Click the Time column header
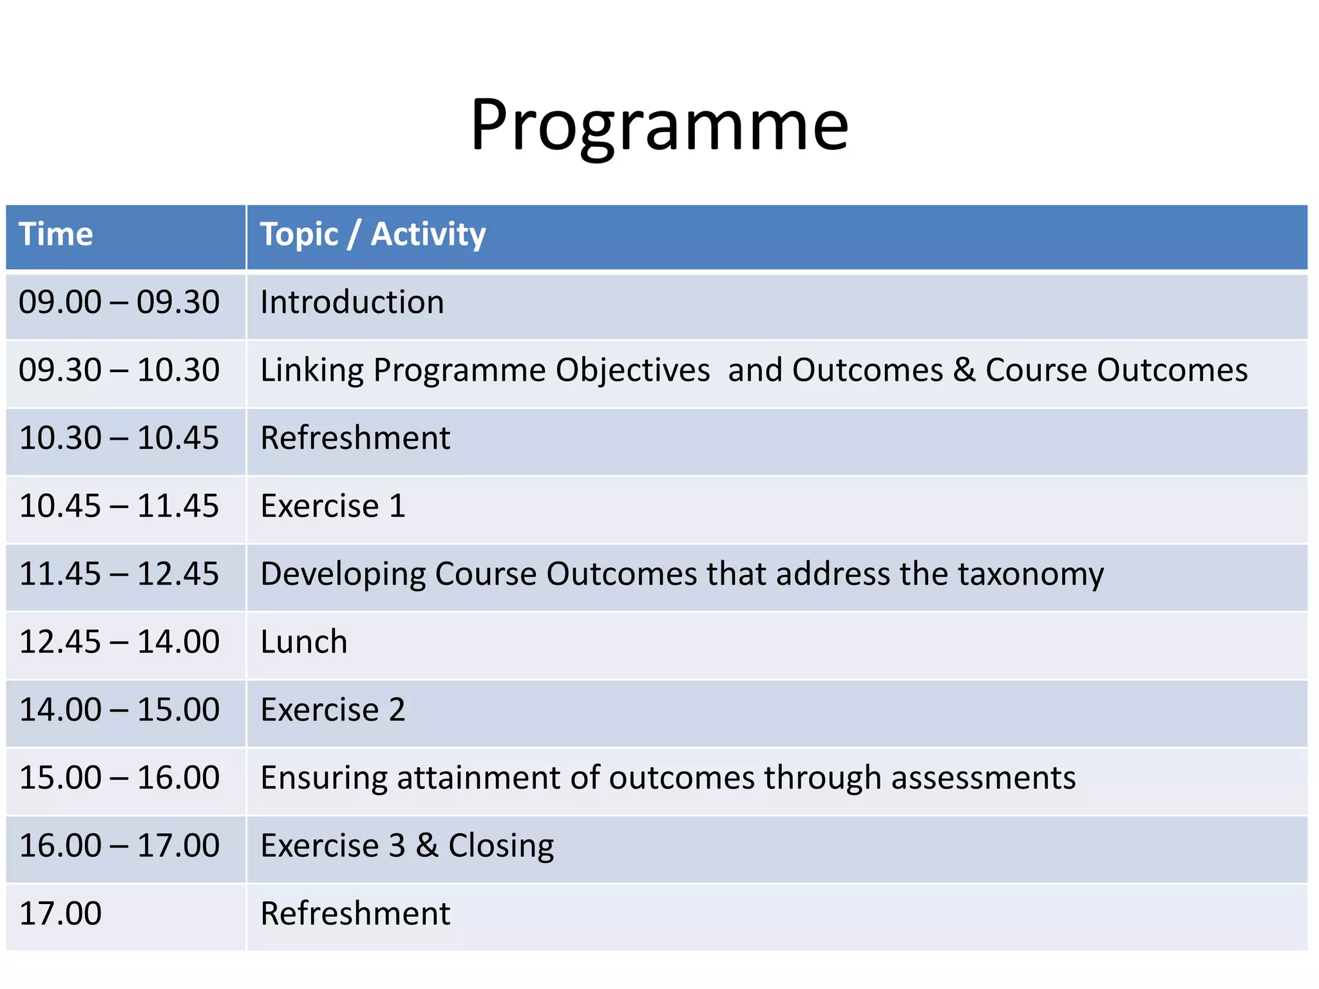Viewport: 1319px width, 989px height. (x=56, y=234)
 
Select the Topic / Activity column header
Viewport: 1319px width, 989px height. (x=372, y=234)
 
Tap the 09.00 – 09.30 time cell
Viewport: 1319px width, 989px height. (x=119, y=303)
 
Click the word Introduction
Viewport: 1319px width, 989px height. (x=352, y=303)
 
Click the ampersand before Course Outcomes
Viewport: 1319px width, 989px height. (x=964, y=370)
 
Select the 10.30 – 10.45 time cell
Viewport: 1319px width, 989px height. (x=119, y=438)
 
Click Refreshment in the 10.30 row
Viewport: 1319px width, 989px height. (x=355, y=438)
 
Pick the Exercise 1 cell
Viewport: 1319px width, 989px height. (x=333, y=506)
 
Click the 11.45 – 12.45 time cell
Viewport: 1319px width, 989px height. (x=119, y=574)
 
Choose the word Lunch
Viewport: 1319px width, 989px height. (x=304, y=642)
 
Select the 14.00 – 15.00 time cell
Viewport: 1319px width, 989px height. (x=119, y=710)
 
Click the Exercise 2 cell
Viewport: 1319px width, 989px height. (x=333, y=710)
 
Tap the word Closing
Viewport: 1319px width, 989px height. (x=501, y=846)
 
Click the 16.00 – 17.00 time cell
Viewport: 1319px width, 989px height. (x=119, y=846)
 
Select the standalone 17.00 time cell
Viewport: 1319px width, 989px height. (x=61, y=914)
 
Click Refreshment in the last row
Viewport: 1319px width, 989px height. (x=355, y=914)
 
